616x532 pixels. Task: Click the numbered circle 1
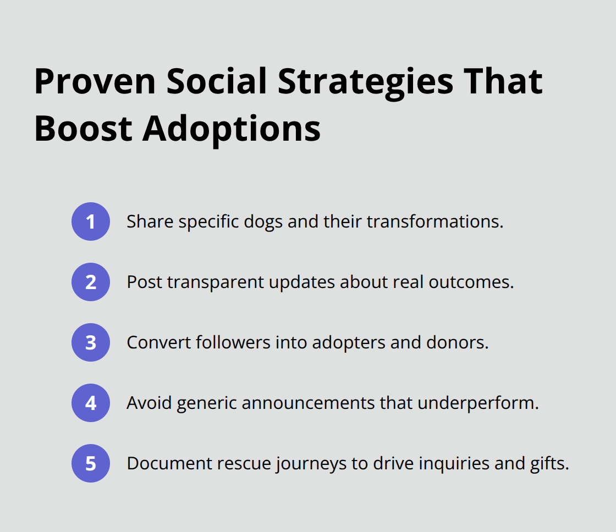click(91, 221)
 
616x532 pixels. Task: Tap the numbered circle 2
click(91, 282)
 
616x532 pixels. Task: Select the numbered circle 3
click(91, 342)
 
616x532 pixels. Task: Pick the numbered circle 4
click(91, 403)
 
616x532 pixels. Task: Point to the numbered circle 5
click(91, 463)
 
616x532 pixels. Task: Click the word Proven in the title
click(94, 82)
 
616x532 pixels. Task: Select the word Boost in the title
click(83, 130)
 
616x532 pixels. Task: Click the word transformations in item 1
click(435, 221)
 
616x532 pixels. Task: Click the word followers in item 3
click(230, 342)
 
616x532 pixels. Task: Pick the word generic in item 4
click(206, 403)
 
